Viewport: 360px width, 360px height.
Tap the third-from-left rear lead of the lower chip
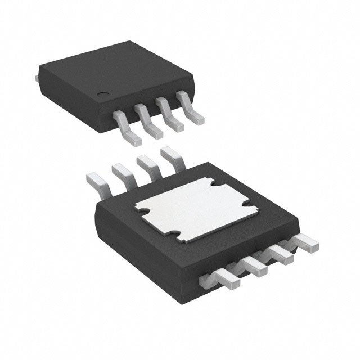148,164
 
